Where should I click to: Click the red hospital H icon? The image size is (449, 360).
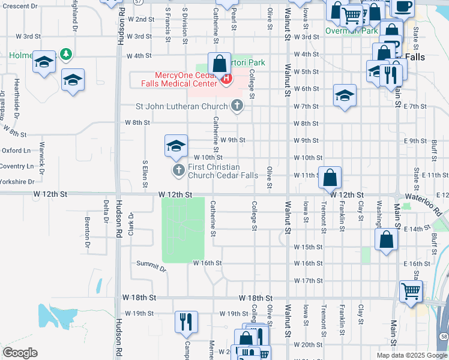(226, 79)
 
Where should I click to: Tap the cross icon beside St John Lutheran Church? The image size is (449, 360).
(237, 106)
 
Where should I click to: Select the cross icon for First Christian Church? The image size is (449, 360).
(178, 171)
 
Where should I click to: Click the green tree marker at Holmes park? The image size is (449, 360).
(65, 56)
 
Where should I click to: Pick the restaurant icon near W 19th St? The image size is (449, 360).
(186, 321)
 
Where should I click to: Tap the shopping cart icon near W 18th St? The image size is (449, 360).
(411, 291)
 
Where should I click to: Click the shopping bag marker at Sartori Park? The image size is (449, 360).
(220, 63)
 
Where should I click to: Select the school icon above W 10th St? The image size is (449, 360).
(176, 146)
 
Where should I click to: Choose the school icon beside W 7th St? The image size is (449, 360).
(345, 95)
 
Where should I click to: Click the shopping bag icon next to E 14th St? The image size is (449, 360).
(387, 239)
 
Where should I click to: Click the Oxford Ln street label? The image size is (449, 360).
(16, 151)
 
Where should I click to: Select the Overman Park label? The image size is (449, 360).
(351, 31)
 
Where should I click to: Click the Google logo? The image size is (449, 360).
(20, 353)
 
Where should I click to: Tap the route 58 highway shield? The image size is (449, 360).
(444, 337)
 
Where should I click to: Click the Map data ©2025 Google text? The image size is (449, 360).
(411, 355)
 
